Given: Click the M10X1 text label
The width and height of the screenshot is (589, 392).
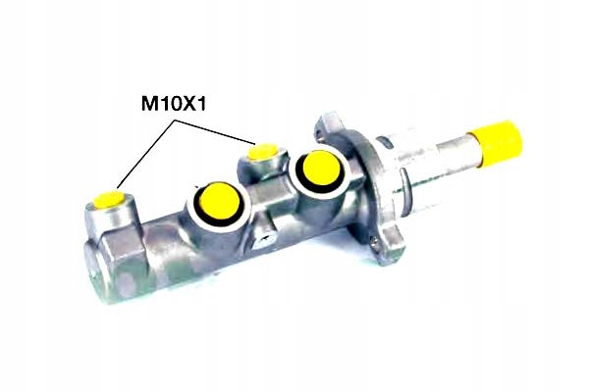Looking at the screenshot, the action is (x=174, y=103).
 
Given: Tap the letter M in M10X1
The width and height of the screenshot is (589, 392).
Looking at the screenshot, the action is (x=149, y=103).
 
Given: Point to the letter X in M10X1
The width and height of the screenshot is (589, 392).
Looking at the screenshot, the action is (x=189, y=103).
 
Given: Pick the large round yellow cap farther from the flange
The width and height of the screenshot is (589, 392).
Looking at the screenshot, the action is (x=220, y=202).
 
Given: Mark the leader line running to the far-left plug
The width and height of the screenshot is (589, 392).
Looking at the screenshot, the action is (x=146, y=154).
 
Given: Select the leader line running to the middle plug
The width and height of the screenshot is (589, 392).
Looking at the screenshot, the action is (x=215, y=131).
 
